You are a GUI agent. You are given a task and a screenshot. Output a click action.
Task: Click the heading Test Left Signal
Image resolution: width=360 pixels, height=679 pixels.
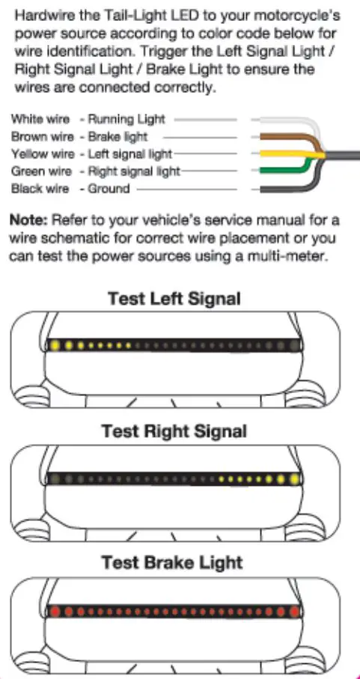pos(174,299)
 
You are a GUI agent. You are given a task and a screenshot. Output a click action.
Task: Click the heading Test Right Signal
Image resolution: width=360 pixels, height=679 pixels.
pos(174,431)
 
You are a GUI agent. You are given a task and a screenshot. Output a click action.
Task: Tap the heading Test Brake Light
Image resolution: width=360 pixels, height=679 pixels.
pos(174,563)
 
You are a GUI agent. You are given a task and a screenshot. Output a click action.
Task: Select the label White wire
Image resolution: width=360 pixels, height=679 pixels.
pos(40,119)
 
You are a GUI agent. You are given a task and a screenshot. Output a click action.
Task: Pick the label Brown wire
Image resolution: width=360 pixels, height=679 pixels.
pos(41,136)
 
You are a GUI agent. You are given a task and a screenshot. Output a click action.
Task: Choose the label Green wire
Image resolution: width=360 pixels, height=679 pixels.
pos(41,171)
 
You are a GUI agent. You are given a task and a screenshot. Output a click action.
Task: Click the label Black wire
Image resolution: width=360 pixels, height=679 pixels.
pos(40,189)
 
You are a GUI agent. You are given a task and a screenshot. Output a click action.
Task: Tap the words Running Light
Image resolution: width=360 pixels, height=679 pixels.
pos(127,119)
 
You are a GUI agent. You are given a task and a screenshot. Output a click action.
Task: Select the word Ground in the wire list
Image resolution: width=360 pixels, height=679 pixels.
pos(109,189)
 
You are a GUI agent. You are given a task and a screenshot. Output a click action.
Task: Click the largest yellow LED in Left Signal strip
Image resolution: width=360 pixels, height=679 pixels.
pos(55,346)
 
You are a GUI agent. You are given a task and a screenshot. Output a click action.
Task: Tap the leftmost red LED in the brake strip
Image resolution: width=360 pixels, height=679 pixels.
pos(55,611)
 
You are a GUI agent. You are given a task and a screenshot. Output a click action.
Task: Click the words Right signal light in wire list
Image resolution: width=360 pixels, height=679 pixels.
pos(135,171)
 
